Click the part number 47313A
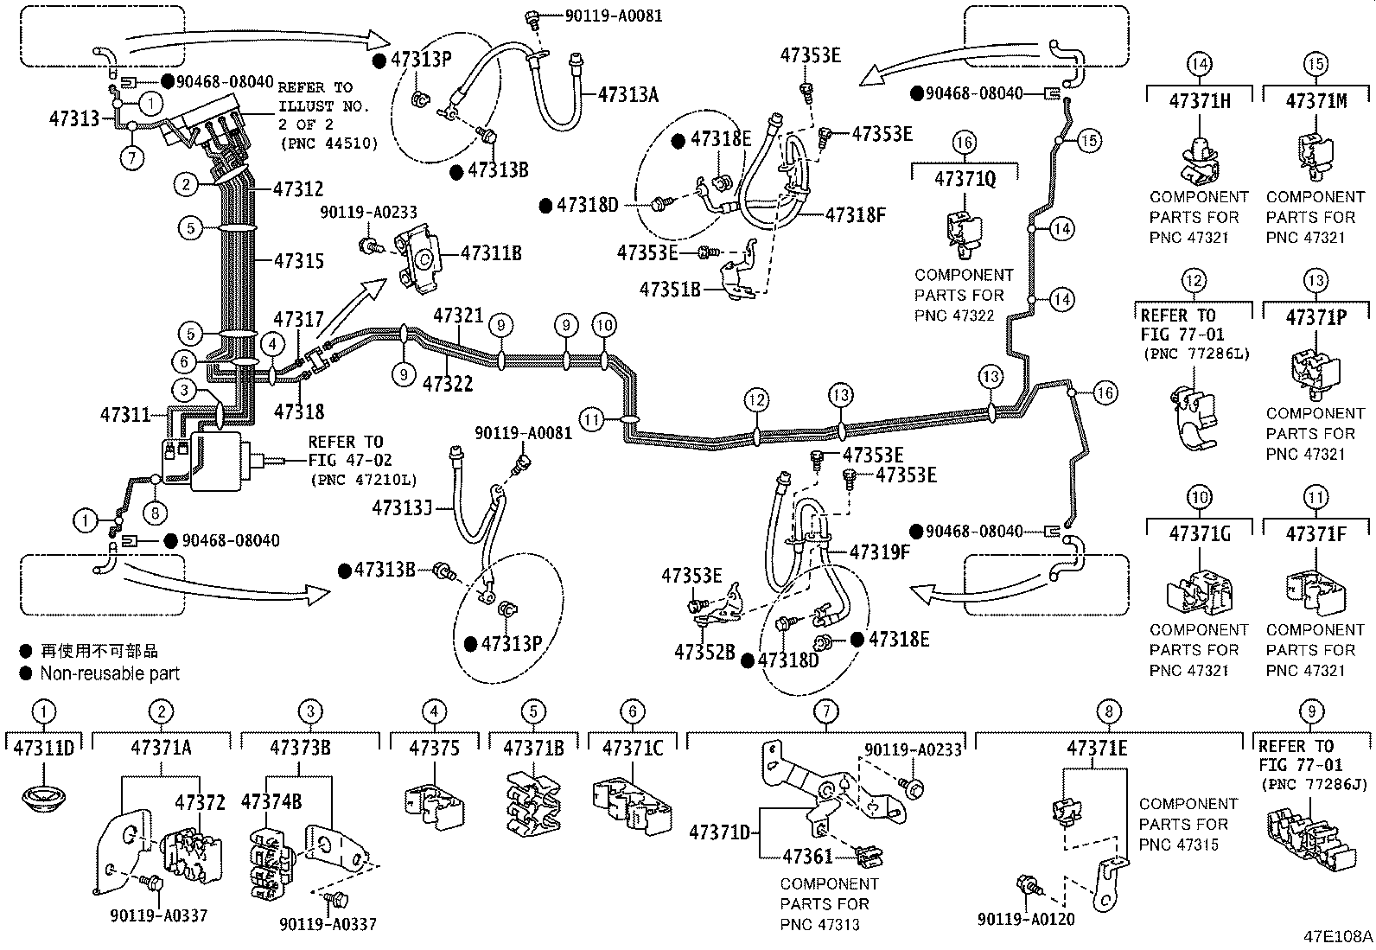[x=627, y=94]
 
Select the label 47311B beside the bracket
[x=491, y=253]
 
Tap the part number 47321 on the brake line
[x=458, y=316]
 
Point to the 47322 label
[x=448, y=383]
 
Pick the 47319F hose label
[x=879, y=552]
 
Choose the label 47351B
[x=670, y=289]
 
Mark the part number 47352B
[x=704, y=652]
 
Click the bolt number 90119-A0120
[x=1026, y=919]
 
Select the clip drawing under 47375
[x=435, y=804]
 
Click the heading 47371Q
[x=965, y=179]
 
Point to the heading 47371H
[x=1200, y=100]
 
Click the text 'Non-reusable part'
[x=110, y=673]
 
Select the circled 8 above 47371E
[x=1108, y=711]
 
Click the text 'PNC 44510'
[x=328, y=143]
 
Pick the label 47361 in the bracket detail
[x=807, y=857]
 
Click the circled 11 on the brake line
[x=591, y=421]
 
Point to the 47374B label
[x=271, y=802]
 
